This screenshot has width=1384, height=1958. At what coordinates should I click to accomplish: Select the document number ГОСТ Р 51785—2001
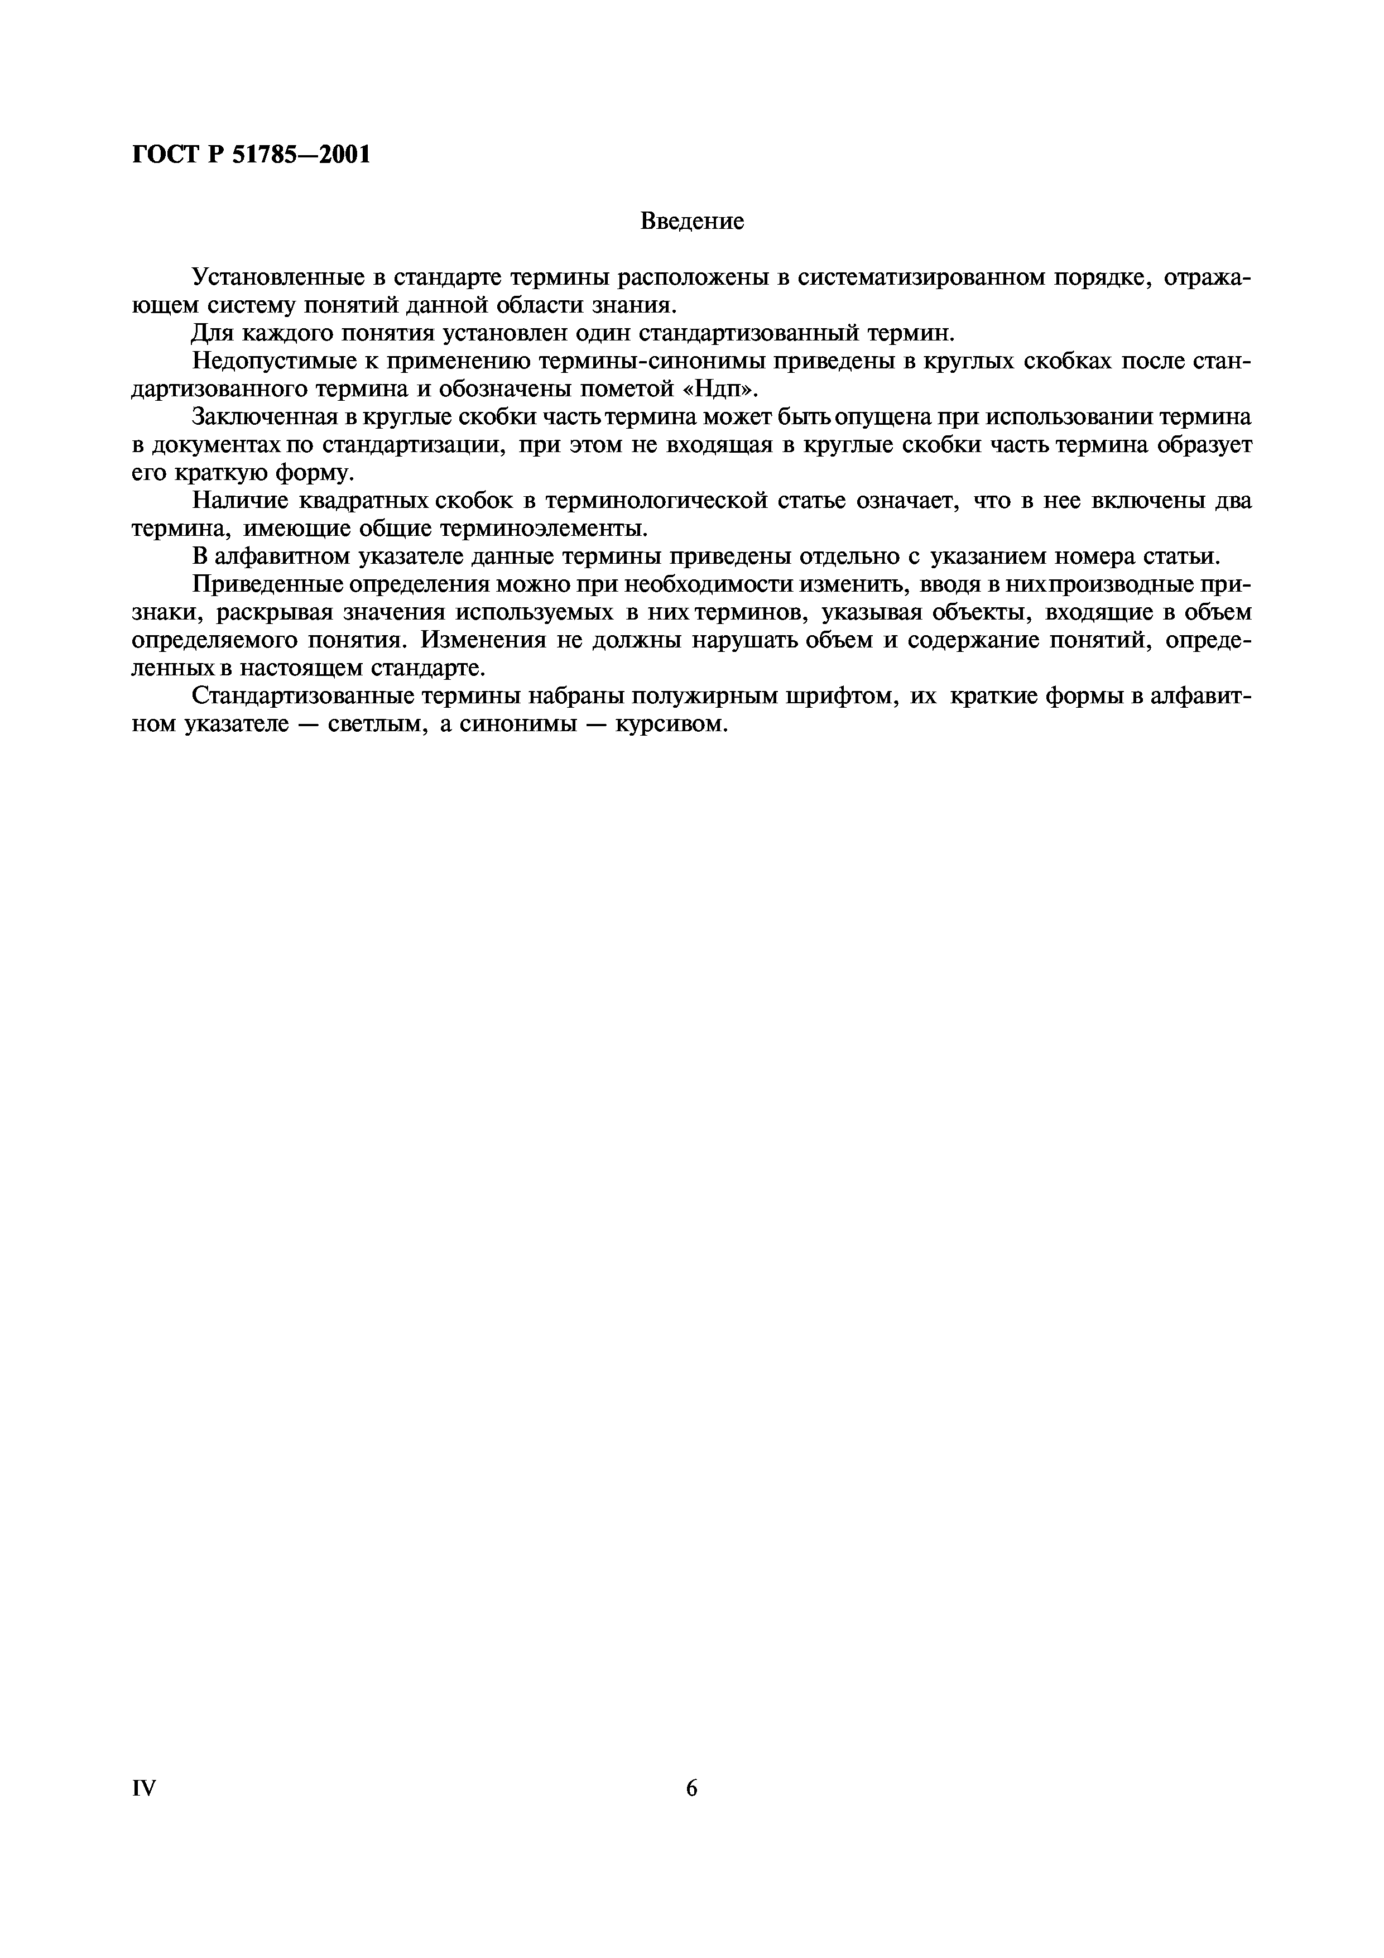coord(252,155)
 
